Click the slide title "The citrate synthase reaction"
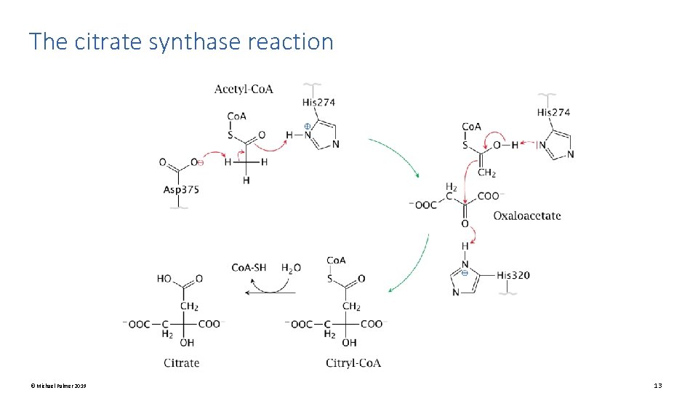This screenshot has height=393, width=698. click(181, 41)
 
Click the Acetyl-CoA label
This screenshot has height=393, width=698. click(244, 90)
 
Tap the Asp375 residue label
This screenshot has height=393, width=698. click(181, 189)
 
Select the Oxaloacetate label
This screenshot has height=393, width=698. click(526, 215)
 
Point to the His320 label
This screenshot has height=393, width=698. click(514, 275)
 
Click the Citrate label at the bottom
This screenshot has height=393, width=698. click(181, 362)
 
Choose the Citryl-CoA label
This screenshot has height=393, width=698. click(353, 362)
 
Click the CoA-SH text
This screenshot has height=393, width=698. click(249, 268)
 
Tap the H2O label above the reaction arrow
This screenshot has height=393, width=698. click(291, 268)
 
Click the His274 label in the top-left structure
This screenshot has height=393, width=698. click(318, 103)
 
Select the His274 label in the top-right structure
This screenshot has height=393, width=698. click(553, 112)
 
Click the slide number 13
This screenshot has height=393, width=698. click(658, 386)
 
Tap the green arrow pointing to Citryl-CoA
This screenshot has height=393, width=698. click(411, 266)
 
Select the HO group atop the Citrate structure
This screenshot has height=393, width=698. click(165, 279)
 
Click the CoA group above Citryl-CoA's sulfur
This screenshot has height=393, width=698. click(336, 261)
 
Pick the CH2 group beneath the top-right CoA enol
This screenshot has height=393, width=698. click(486, 172)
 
